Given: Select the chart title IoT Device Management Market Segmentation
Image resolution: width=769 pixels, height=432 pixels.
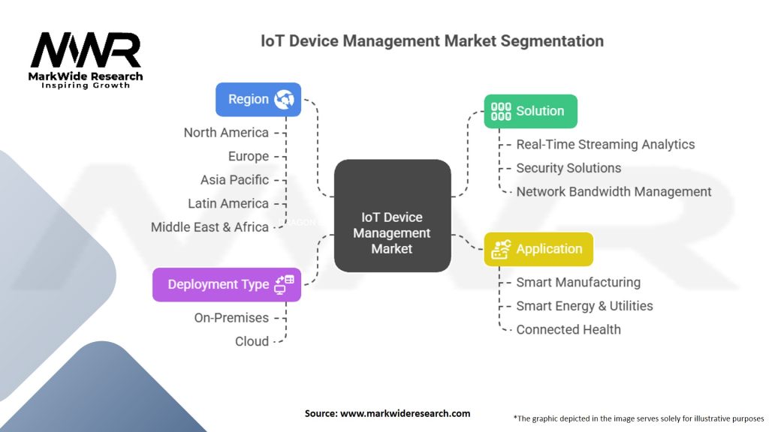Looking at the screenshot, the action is pyautogui.click(x=432, y=40).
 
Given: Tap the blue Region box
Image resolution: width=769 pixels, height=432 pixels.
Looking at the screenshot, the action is pyautogui.click(x=258, y=99).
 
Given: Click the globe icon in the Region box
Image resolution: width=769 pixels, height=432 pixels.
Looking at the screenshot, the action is pyautogui.click(x=285, y=99).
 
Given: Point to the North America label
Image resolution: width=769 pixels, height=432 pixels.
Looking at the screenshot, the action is pyautogui.click(x=226, y=133).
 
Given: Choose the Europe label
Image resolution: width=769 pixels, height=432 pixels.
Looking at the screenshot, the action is pyautogui.click(x=249, y=156).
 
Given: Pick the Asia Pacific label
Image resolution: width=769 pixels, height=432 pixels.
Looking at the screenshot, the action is pyautogui.click(x=234, y=180).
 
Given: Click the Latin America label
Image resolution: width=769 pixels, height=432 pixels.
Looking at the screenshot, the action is pyautogui.click(x=228, y=203).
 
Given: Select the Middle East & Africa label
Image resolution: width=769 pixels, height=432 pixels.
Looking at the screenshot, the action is pyautogui.click(x=210, y=227).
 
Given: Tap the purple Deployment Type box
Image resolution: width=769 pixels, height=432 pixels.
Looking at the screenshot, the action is pyautogui.click(x=227, y=284).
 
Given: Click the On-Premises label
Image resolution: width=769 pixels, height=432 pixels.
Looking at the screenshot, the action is pyautogui.click(x=231, y=318).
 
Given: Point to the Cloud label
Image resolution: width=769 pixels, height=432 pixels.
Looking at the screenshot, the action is pyautogui.click(x=252, y=341).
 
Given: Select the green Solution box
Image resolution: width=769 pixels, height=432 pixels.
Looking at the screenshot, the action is pyautogui.click(x=530, y=111).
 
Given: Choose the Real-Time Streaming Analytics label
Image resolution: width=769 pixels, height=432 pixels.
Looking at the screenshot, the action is pyautogui.click(x=605, y=145).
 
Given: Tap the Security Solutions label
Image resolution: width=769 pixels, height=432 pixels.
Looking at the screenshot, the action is pyautogui.click(x=568, y=168).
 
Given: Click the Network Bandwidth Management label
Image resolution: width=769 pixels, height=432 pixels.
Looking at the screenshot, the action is pyautogui.click(x=614, y=192).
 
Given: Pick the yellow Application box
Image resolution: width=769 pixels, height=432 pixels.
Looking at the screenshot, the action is pyautogui.click(x=538, y=249).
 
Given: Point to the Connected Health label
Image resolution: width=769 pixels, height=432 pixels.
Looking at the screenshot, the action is pyautogui.click(x=568, y=329).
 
